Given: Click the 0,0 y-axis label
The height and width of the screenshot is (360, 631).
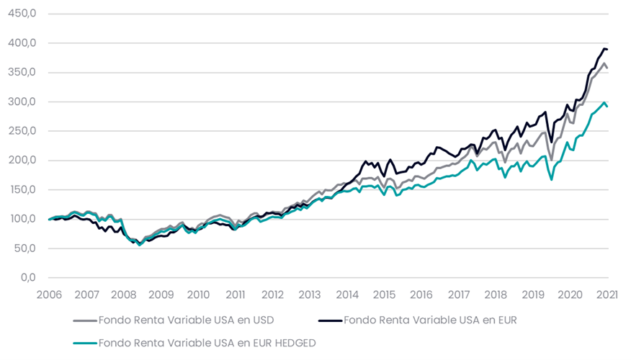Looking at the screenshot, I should (28, 278).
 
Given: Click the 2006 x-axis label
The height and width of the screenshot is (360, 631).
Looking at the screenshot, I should (49, 294).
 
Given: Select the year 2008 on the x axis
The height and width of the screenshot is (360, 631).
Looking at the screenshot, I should (124, 294).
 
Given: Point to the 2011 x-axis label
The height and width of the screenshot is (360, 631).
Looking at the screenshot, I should (236, 294).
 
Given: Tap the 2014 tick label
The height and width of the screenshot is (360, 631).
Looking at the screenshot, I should (347, 294).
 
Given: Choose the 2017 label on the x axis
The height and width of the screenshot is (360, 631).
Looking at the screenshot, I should (459, 294).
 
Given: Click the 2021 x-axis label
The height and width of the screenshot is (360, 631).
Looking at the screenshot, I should (608, 294).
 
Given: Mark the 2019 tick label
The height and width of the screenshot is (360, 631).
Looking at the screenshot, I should (533, 294).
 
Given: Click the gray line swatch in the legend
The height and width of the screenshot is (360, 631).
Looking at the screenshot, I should (84, 320).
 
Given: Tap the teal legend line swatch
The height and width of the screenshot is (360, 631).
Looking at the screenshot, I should (84, 343).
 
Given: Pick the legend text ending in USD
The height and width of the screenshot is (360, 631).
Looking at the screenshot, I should (186, 320).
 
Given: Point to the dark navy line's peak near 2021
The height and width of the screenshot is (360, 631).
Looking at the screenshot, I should (604, 48).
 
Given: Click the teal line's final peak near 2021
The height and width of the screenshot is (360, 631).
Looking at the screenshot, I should (604, 102).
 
